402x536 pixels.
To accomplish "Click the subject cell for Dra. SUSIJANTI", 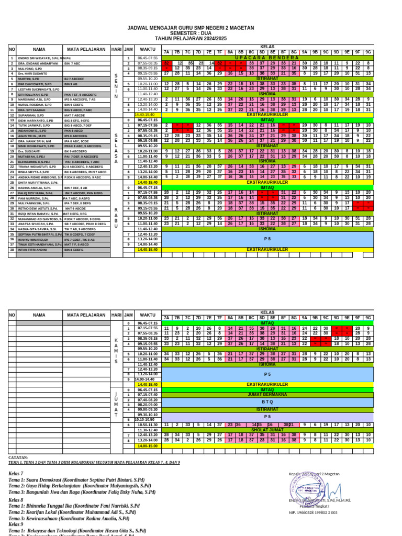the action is [x=79, y=151].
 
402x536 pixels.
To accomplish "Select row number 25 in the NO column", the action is [x=12, y=182].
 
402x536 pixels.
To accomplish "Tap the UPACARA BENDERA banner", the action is [x=267, y=58].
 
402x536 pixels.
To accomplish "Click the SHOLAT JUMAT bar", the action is [x=267, y=429].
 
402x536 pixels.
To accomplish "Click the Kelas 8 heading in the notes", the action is [x=16, y=500].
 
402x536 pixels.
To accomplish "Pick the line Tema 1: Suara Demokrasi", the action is [x=76, y=479].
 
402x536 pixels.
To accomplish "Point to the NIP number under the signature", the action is [x=313, y=513].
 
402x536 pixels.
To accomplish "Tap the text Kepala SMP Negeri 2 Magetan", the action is [x=314, y=474].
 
